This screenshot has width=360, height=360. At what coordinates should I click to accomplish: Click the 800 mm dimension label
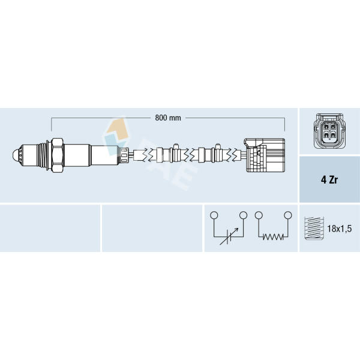[x=168, y=118]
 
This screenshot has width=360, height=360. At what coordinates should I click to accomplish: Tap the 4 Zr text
[x=329, y=180]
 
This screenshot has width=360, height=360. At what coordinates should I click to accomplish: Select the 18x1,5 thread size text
[x=340, y=229]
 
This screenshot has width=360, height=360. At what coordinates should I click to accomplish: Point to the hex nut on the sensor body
[x=57, y=155]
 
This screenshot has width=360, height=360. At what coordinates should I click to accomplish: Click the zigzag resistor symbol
[x=273, y=237]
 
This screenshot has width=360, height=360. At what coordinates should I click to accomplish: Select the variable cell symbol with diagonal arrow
[x=229, y=236]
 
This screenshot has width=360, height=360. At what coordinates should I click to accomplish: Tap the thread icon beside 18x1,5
[x=314, y=228]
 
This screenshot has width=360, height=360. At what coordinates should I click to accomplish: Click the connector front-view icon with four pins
[x=329, y=131]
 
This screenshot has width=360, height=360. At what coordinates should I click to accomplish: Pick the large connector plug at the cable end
[x=265, y=155]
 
